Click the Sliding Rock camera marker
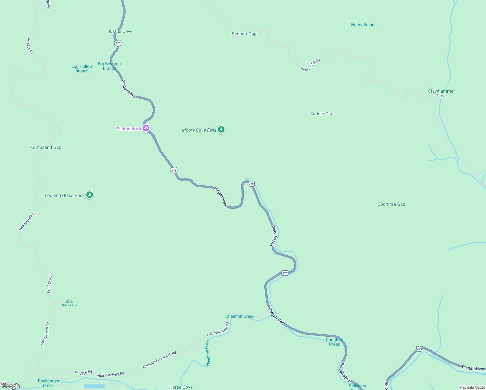(146, 128)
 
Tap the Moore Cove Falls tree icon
(221, 130)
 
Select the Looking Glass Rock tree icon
(90, 195)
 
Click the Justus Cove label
(120, 32)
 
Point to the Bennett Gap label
(244, 34)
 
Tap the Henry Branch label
(364, 25)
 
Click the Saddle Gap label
(322, 114)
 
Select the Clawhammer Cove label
(441, 93)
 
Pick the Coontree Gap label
(391, 204)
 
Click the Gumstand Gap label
(46, 147)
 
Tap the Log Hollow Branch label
(82, 69)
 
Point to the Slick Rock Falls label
(70, 304)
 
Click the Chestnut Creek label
(240, 316)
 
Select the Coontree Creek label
(334, 342)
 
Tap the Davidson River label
(207, 353)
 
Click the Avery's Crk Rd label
(310, 65)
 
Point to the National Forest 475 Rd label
(159, 360)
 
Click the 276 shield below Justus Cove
(118, 43)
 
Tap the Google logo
(11, 386)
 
